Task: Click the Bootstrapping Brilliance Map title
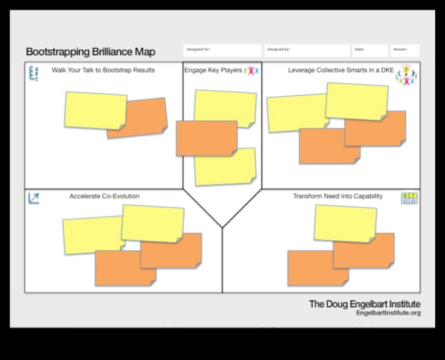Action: click(90, 52)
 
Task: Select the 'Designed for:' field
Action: click(222, 50)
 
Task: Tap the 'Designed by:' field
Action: click(307, 50)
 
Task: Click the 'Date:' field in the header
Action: click(370, 50)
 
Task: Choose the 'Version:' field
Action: click(405, 50)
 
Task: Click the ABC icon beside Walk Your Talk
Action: click(34, 73)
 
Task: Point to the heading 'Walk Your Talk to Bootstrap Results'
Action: click(103, 70)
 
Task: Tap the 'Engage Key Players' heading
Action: click(213, 70)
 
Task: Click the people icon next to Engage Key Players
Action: click(251, 71)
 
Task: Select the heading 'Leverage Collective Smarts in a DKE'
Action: click(341, 70)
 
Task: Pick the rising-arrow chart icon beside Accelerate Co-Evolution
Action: click(34, 198)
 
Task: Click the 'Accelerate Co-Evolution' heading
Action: click(104, 196)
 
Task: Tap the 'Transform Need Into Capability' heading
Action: click(338, 196)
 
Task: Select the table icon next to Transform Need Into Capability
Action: click(409, 198)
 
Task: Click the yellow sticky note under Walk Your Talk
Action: click(95, 110)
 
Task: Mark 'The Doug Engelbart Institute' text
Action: click(364, 304)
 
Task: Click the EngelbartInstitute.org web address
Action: click(388, 313)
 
